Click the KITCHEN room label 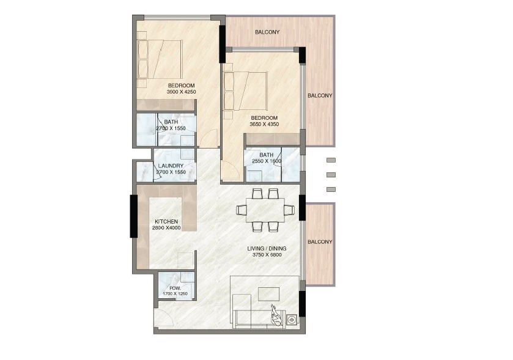(x=166, y=221)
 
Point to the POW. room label (x=174, y=287)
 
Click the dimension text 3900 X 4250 (x=181, y=92)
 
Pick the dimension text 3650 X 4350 (x=264, y=125)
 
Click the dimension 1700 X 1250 (x=174, y=294)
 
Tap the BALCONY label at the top (x=267, y=32)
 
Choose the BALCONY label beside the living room (x=320, y=242)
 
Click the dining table (x=265, y=210)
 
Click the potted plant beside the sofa (x=276, y=315)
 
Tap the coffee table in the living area (x=268, y=294)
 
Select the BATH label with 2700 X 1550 (x=171, y=122)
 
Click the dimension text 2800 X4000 (x=166, y=228)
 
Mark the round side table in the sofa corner (x=292, y=319)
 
